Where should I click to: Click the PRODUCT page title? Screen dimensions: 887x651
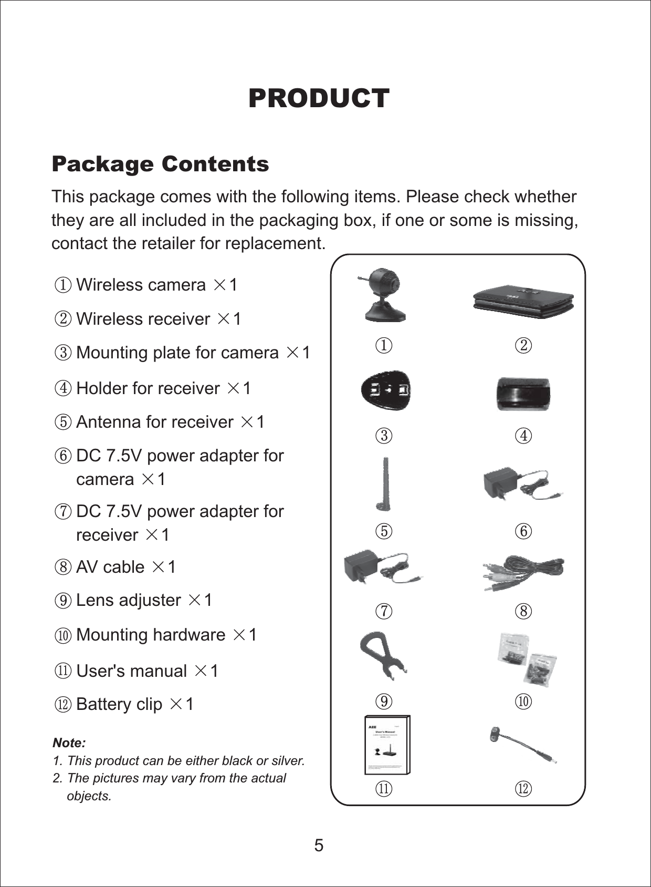pyautogui.click(x=319, y=98)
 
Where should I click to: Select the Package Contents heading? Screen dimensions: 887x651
pyautogui.click(x=160, y=164)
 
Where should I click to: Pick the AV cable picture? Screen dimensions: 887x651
pyautogui.click(x=523, y=572)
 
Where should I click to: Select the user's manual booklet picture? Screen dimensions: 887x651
pyautogui.click(x=387, y=745)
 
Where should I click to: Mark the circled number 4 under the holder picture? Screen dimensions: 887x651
pyautogui.click(x=523, y=436)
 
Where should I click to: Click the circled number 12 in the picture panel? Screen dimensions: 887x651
pyautogui.click(x=523, y=788)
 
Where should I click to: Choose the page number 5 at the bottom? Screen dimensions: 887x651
pyautogui.click(x=319, y=845)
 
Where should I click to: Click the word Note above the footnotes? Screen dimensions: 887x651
pyautogui.click(x=69, y=743)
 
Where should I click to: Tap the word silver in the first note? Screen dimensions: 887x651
pyautogui.click(x=288, y=760)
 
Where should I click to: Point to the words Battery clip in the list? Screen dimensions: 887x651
pyautogui.click(x=119, y=704)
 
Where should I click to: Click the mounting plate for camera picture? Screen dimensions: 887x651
pyautogui.click(x=386, y=391)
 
